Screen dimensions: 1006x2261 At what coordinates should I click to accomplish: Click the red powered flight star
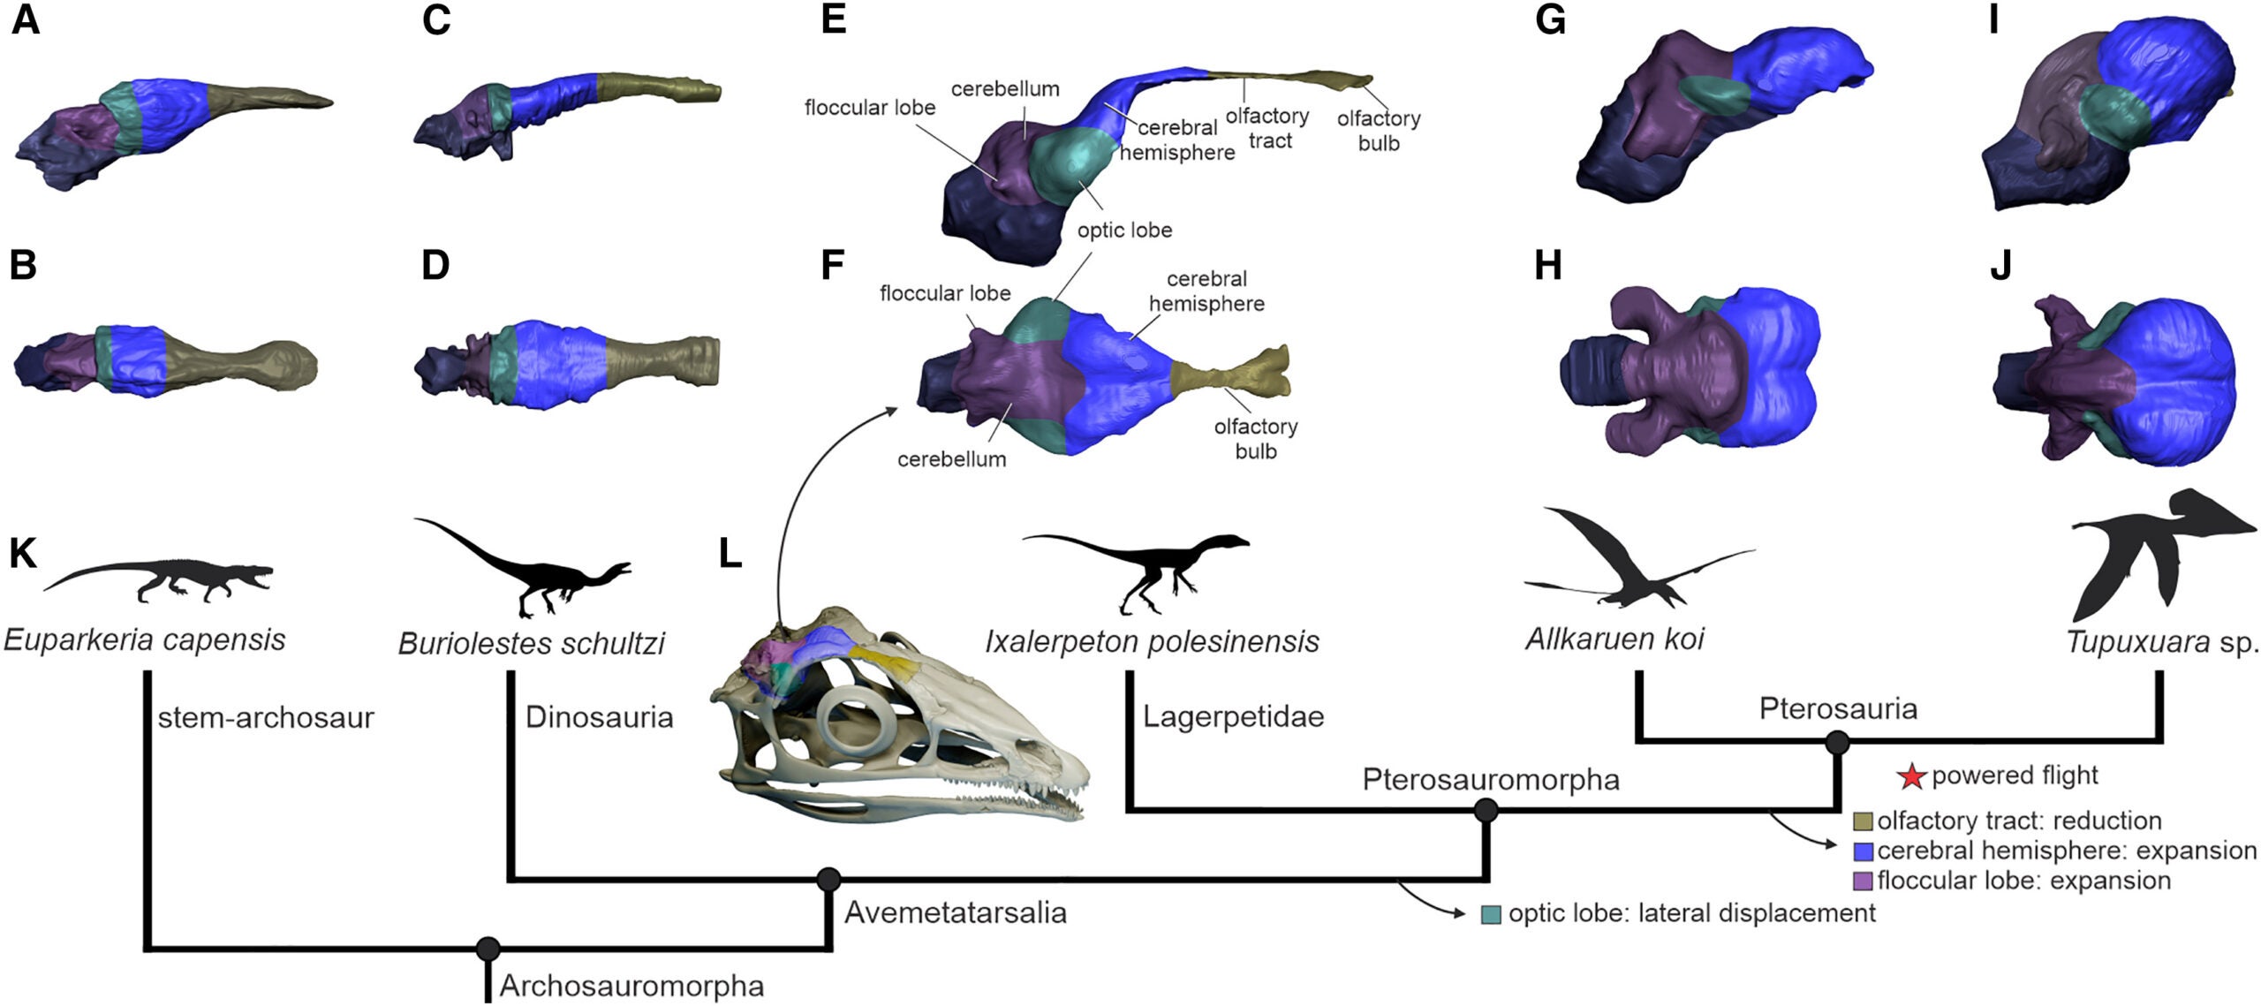click(1912, 776)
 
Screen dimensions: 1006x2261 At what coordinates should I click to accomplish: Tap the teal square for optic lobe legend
click(1491, 914)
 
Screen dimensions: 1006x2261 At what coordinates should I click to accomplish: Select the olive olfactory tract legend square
click(1863, 821)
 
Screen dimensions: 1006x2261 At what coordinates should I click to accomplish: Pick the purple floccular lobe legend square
click(1863, 881)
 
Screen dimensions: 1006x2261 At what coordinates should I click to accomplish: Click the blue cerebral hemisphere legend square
click(1863, 851)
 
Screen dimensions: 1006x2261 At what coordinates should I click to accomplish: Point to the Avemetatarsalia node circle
click(828, 879)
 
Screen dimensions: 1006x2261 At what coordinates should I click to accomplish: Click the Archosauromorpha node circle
click(488, 949)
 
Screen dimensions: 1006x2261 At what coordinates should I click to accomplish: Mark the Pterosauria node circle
click(1837, 743)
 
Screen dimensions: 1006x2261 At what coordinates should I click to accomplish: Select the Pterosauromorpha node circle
click(1486, 810)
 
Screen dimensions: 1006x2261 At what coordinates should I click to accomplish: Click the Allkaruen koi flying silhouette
click(1625, 565)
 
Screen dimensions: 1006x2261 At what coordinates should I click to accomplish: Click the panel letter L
click(730, 554)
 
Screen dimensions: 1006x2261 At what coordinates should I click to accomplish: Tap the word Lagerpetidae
click(1233, 716)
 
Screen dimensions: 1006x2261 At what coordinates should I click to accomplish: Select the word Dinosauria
click(599, 717)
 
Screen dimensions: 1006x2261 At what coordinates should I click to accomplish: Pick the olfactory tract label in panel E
click(1268, 128)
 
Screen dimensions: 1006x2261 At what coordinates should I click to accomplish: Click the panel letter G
click(1550, 19)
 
